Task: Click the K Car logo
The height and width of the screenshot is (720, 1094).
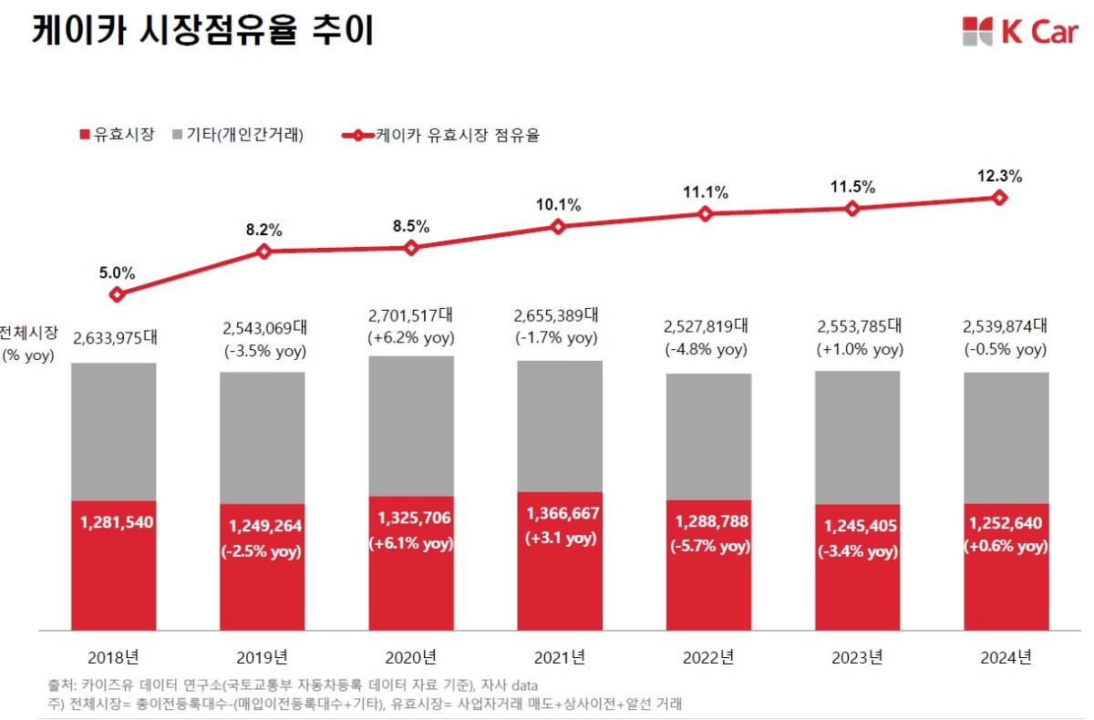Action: point(1019,31)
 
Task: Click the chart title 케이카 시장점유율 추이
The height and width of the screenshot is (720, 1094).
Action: point(202,29)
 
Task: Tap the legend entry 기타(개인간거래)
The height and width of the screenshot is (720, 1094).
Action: point(236,135)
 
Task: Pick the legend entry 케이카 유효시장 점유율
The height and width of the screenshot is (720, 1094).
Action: point(442,135)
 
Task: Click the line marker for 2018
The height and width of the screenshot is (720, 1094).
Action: point(116,294)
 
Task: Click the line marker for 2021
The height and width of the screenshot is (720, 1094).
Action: point(559,227)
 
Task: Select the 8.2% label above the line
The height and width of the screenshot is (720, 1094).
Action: point(264,230)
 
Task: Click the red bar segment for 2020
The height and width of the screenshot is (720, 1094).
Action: point(411,583)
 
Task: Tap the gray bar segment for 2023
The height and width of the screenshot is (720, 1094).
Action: point(856,437)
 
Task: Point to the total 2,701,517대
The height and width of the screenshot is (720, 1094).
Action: point(410,315)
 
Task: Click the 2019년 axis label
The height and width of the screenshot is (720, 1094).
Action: point(263,656)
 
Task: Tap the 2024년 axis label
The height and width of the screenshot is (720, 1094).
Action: point(1006,656)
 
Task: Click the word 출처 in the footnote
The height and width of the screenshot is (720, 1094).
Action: point(60,684)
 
